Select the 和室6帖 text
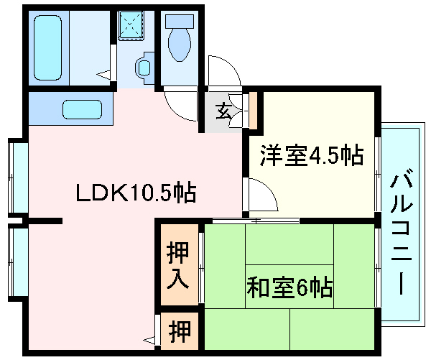pos(290,287)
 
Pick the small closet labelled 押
pos(180,331)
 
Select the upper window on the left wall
pos(18,177)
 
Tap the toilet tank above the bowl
pos(177,22)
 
